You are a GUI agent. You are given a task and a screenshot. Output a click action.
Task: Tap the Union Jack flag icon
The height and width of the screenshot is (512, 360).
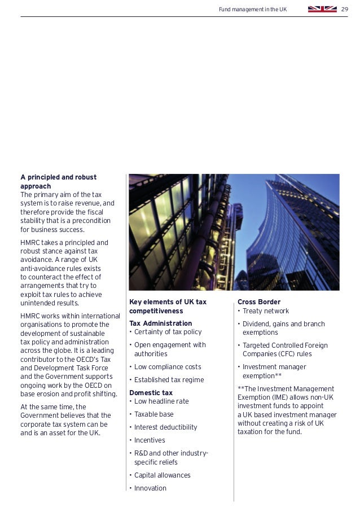(x=322, y=9)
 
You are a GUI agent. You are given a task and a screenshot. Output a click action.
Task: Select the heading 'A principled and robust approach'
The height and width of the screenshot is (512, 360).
(x=59, y=181)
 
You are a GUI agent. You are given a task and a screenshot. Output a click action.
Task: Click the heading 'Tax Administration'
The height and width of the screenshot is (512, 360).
(x=160, y=323)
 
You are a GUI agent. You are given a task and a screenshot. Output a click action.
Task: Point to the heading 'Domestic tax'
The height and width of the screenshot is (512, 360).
(x=151, y=392)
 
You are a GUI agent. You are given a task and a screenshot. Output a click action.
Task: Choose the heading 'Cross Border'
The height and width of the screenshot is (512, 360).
(x=258, y=302)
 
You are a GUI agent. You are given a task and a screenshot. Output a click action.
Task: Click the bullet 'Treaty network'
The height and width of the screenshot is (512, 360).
(x=265, y=311)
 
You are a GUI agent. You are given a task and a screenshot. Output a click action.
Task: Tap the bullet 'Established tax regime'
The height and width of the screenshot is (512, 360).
(x=169, y=380)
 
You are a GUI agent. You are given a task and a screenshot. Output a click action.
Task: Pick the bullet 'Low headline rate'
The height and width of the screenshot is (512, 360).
(x=161, y=401)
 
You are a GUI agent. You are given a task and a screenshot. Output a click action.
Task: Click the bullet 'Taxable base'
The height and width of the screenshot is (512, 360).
(x=153, y=414)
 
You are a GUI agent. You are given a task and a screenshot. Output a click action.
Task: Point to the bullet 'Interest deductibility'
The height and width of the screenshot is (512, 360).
(x=165, y=427)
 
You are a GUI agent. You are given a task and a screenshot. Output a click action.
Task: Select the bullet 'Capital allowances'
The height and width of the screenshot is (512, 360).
(x=162, y=475)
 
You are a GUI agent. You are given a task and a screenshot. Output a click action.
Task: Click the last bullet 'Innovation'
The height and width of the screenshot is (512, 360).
(x=150, y=488)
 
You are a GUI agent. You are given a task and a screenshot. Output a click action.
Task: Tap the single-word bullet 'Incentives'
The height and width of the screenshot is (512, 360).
(x=150, y=440)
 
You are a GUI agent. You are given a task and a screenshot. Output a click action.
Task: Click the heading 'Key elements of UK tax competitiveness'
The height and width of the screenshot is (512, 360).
(x=168, y=306)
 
